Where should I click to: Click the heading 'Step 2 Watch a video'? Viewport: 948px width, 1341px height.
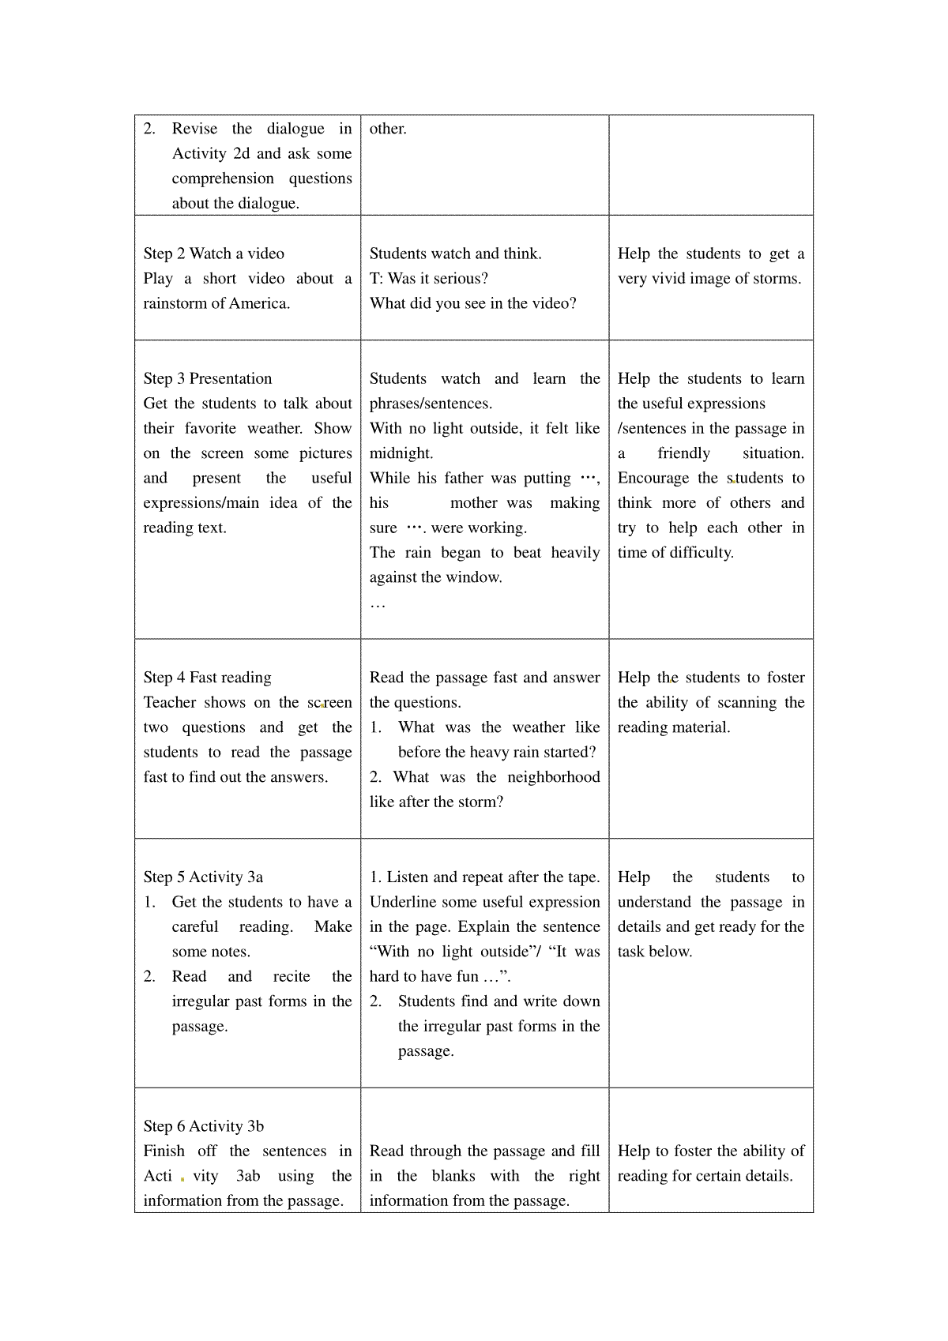click(213, 254)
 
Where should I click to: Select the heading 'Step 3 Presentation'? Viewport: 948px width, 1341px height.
click(207, 378)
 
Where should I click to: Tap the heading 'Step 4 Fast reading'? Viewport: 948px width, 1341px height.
click(207, 677)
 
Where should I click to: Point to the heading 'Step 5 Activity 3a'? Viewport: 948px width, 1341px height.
click(203, 877)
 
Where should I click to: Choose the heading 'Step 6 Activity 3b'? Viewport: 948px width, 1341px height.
click(204, 1126)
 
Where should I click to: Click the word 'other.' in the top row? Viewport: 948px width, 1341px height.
click(388, 129)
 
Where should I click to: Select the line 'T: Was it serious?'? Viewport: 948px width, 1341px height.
click(428, 278)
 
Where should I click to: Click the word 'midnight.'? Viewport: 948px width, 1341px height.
click(401, 453)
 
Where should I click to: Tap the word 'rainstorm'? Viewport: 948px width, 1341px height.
click(175, 303)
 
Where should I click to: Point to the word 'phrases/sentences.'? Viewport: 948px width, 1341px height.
click(431, 404)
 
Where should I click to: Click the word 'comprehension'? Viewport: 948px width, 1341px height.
click(223, 178)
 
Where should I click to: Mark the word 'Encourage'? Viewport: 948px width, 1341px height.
click(653, 478)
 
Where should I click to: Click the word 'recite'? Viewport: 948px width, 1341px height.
click(292, 977)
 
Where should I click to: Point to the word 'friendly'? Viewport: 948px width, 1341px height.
click(683, 453)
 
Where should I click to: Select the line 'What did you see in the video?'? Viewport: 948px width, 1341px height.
click(472, 303)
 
